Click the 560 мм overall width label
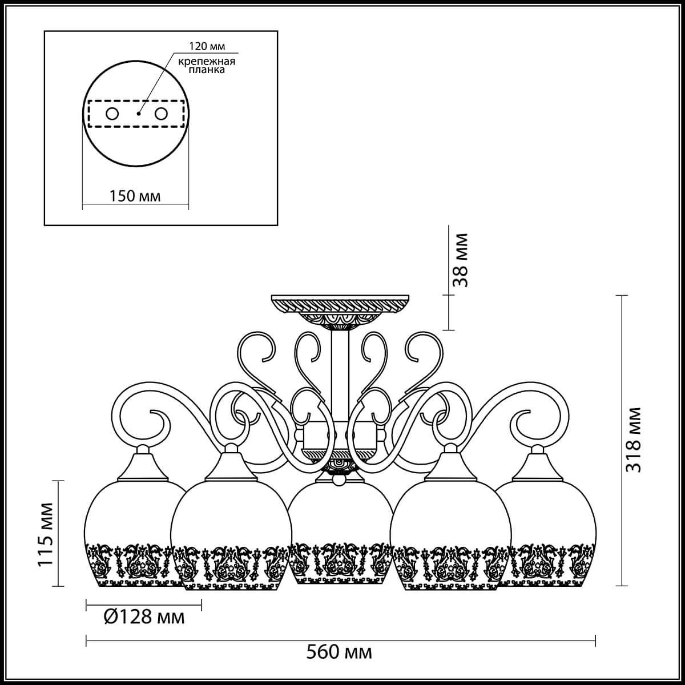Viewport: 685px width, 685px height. point(339,651)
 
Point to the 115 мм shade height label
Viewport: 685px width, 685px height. point(45,535)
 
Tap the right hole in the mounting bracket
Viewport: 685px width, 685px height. point(162,114)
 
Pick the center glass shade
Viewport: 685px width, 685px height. point(340,537)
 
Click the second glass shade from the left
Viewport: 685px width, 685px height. point(231,537)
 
